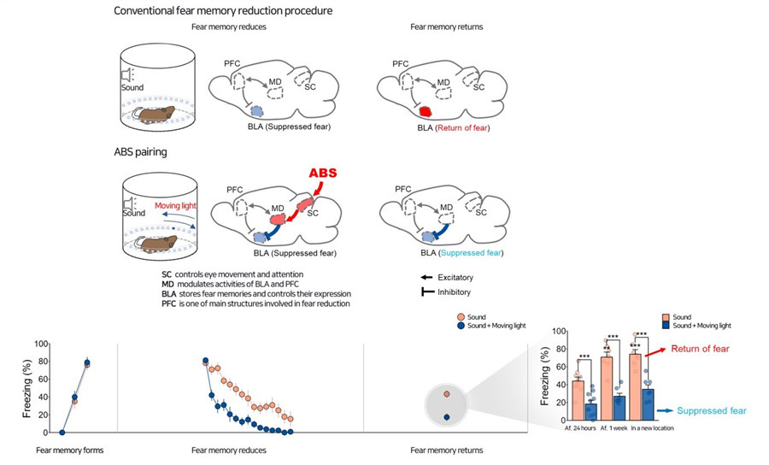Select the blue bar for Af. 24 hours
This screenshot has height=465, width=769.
coord(590,409)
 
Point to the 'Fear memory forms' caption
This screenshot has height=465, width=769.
coord(71,450)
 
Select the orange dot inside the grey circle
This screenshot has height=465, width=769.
coord(447,394)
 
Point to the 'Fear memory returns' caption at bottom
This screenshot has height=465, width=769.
coord(447,450)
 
